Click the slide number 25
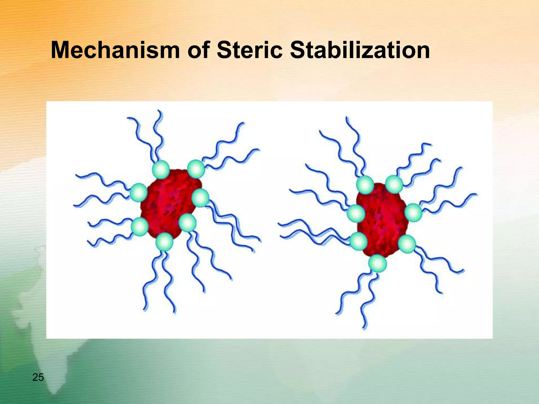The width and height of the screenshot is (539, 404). click(38, 377)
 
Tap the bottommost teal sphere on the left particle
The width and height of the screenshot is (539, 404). click(164, 241)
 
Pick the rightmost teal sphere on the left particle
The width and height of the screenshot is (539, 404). click(200, 198)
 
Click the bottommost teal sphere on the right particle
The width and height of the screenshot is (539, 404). click(377, 263)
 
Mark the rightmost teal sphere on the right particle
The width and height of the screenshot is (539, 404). click(413, 213)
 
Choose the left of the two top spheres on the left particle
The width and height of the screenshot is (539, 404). click(161, 170)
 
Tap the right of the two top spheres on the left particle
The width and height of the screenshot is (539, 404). click(196, 169)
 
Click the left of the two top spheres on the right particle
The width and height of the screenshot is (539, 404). click(365, 185)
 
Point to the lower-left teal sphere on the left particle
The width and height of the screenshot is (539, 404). click(140, 226)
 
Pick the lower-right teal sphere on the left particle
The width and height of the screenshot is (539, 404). click(187, 223)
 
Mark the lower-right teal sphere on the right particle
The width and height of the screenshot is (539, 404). click(407, 244)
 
